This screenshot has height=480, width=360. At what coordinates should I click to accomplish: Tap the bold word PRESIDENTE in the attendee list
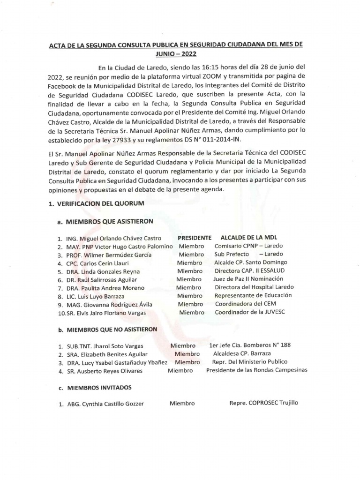coord(195,238)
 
